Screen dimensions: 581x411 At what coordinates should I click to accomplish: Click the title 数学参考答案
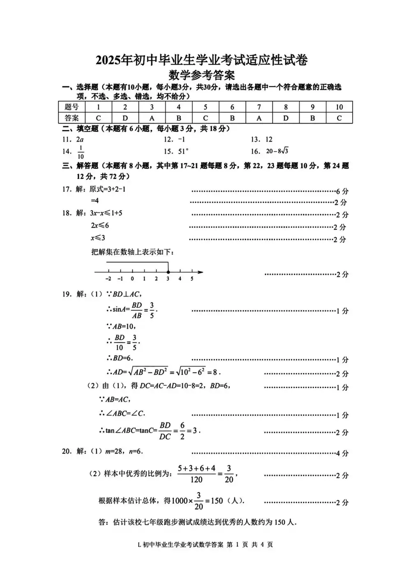(x=201, y=75)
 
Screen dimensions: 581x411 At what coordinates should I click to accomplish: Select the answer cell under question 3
(x=152, y=118)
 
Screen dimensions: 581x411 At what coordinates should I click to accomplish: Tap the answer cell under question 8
(x=286, y=118)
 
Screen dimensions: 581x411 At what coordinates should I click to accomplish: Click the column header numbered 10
(x=339, y=107)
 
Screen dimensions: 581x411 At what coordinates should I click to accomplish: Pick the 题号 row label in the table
(x=72, y=107)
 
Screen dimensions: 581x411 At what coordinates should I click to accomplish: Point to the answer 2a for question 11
(x=80, y=139)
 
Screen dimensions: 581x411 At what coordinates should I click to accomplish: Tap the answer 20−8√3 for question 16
(x=277, y=151)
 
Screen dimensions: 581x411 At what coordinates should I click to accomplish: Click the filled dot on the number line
(x=168, y=272)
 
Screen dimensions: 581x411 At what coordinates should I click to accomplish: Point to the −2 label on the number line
(x=108, y=279)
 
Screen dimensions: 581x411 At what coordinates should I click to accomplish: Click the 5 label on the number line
(x=192, y=279)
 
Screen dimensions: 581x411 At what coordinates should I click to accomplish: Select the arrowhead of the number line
(x=200, y=272)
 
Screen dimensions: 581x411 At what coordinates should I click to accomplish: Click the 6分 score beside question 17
(x=342, y=191)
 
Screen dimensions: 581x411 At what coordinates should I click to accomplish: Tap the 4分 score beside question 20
(x=342, y=454)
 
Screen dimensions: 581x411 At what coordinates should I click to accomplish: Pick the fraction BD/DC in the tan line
(x=165, y=431)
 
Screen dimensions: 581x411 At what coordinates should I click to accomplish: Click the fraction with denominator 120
(x=196, y=474)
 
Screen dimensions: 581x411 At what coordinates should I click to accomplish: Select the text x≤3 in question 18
(x=98, y=238)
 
